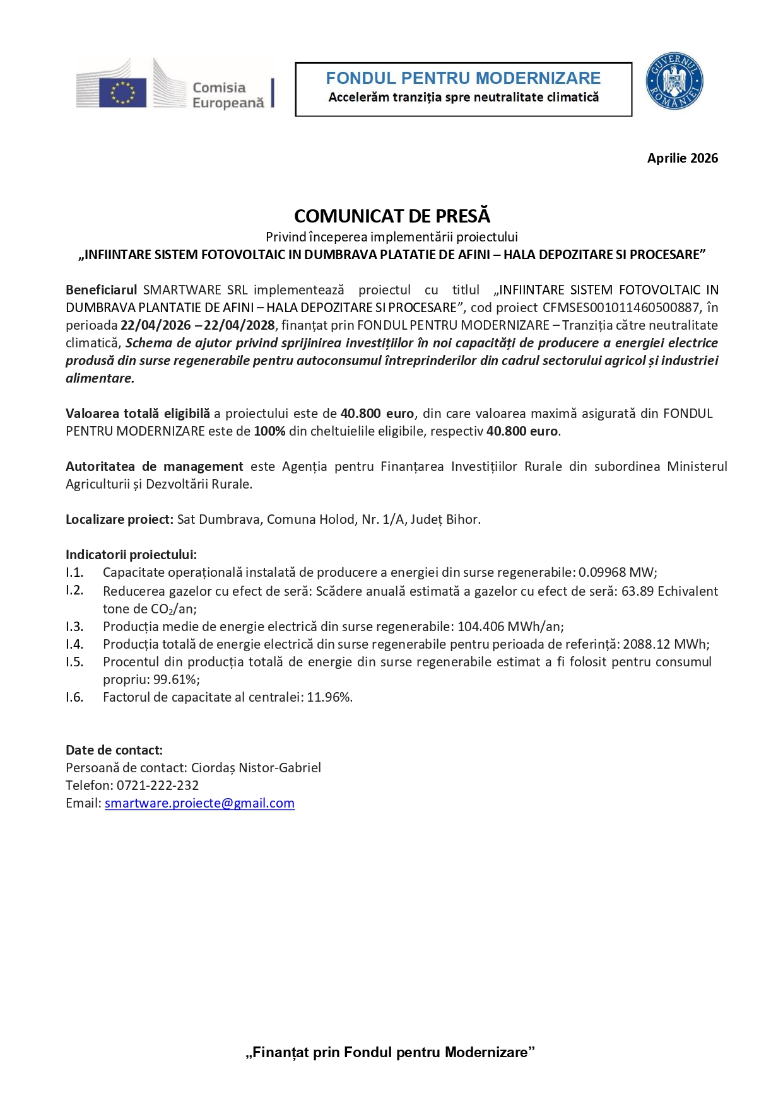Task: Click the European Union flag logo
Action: (x=122, y=92)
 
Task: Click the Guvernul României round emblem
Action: (x=674, y=81)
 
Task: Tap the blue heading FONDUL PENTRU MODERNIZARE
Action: (x=463, y=78)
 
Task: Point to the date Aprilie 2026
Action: (x=682, y=158)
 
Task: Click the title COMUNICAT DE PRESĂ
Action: (x=392, y=216)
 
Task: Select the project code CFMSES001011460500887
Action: (x=621, y=308)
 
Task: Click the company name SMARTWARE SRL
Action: (x=195, y=290)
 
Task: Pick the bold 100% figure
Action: (x=269, y=431)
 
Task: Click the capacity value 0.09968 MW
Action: (x=616, y=572)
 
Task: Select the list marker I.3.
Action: (x=74, y=627)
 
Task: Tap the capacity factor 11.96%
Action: (x=329, y=697)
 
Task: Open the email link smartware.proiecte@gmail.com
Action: (x=199, y=803)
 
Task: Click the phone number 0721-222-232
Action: (x=158, y=785)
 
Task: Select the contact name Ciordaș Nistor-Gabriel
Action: (x=256, y=768)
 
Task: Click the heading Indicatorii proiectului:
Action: (x=131, y=555)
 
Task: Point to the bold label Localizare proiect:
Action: (x=119, y=519)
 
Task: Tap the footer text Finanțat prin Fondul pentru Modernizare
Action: (x=391, y=1052)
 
